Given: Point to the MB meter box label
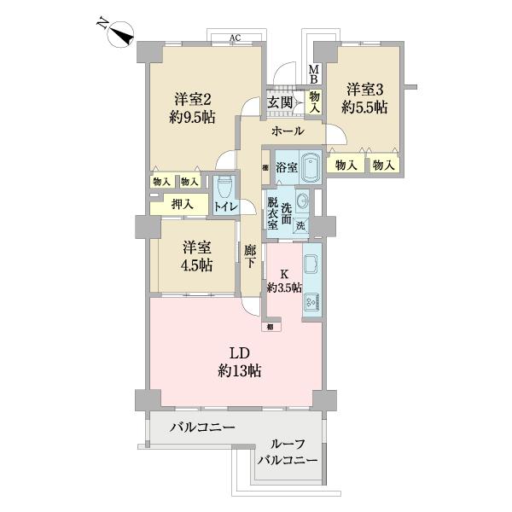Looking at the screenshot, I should coord(313,74).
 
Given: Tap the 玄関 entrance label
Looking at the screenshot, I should coord(281,103).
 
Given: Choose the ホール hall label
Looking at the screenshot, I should coord(288,132).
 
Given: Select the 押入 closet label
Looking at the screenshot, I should coord(181,204).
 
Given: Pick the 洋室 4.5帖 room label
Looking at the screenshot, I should coord(196,255).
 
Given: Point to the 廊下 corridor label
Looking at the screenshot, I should coord(249,256).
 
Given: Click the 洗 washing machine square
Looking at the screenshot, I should coord(300,227).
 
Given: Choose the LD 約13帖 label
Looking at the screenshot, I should coord(238,362).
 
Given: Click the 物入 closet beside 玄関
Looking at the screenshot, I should coord(314,103).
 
